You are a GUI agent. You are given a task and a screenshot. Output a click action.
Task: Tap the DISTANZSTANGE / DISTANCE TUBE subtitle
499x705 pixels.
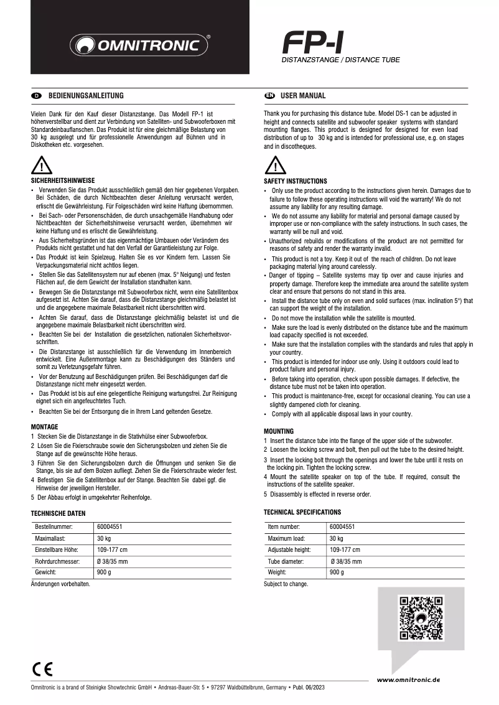point(341,60)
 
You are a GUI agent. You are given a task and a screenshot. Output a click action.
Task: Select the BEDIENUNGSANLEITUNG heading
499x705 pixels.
point(86,96)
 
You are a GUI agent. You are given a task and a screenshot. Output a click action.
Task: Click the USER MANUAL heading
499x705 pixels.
point(303,96)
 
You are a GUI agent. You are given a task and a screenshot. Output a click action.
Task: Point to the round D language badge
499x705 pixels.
point(36,96)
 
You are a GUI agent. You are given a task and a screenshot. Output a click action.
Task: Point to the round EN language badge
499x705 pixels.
point(269,96)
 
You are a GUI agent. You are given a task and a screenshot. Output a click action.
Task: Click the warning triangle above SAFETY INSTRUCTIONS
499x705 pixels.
point(274,166)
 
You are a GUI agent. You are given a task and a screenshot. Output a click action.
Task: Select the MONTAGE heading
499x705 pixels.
point(45,427)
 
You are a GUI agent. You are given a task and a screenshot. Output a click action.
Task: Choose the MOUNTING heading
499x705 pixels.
point(279,431)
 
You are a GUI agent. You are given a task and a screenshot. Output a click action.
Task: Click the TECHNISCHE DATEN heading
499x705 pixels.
point(58,513)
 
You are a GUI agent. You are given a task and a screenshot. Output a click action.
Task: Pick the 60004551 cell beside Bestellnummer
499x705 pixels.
point(110,527)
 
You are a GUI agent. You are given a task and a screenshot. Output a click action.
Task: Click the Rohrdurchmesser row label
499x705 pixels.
point(55,561)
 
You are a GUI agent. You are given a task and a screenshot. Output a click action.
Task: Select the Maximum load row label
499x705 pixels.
point(286,539)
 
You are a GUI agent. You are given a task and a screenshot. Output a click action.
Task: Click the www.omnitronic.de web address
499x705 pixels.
point(408,679)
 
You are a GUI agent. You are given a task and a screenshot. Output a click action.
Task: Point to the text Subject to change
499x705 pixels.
point(286,584)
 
